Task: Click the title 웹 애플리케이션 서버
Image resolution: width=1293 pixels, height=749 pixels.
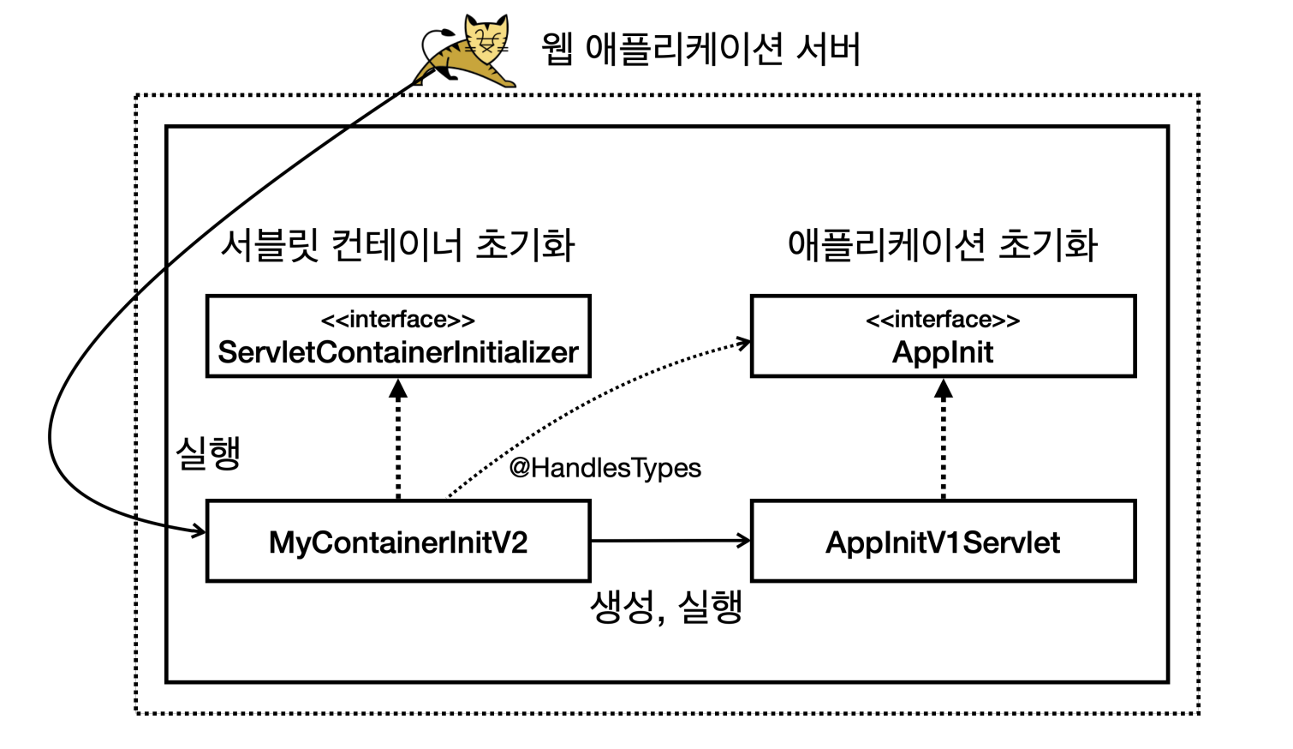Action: [700, 49]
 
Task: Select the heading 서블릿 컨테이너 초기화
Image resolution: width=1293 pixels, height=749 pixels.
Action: [397, 245]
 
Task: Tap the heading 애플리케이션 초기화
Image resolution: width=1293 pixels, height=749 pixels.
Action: [942, 245]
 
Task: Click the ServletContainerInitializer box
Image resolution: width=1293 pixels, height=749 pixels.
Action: [398, 337]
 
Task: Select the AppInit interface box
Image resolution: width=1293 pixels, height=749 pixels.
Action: [943, 337]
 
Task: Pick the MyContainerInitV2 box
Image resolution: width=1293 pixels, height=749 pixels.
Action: [398, 542]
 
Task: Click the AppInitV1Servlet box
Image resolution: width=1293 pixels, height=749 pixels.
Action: [943, 542]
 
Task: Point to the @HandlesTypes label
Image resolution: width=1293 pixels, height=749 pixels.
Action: [605, 468]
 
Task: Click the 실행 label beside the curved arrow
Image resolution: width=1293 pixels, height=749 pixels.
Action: [208, 452]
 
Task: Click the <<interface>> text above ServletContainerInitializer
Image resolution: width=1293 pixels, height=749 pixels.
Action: [398, 320]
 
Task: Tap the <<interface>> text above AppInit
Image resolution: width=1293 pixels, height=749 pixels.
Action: [943, 320]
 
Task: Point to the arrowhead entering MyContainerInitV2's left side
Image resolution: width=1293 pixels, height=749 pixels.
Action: [200, 531]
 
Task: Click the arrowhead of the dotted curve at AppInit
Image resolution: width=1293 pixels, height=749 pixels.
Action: [744, 343]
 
